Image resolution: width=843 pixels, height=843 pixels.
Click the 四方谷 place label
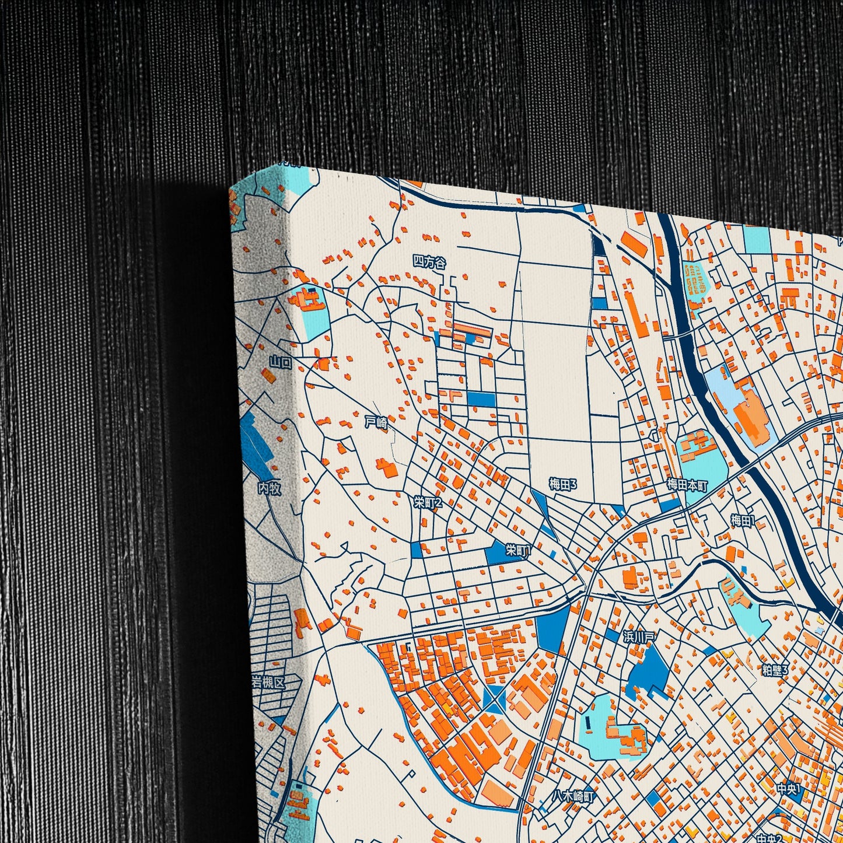[x=429, y=263]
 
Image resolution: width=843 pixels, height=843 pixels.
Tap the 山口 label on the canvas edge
[x=281, y=362]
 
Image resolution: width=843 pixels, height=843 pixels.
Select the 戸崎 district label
[x=376, y=422]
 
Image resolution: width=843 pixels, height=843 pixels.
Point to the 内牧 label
[x=269, y=488]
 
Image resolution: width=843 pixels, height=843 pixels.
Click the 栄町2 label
[x=428, y=502]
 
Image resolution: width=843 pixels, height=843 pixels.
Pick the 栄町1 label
[x=518, y=550]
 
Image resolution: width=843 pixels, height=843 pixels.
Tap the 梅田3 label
[x=563, y=484]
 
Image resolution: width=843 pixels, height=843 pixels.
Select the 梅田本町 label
[x=687, y=485]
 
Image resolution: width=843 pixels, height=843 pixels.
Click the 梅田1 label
[x=743, y=520]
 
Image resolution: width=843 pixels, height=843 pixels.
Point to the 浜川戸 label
[x=639, y=636]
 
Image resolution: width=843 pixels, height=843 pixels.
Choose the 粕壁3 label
[x=775, y=670]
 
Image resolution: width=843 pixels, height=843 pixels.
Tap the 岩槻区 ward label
[x=268, y=682]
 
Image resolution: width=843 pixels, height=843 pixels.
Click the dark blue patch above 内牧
[x=255, y=443]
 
